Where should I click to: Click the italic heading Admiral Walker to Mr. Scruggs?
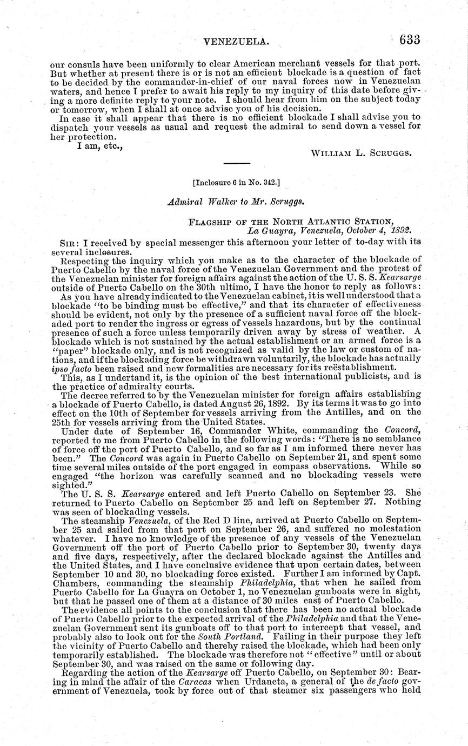[234, 202]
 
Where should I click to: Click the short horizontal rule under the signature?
[237, 163]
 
